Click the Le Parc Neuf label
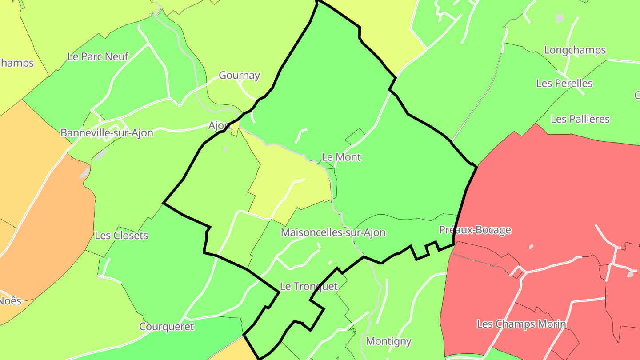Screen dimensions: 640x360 98,56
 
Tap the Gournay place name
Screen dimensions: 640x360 239,76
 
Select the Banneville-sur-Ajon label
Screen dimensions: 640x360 107,133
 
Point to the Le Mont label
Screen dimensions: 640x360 341,157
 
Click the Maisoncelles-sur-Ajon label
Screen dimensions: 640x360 333,232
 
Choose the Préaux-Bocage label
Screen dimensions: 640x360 475,230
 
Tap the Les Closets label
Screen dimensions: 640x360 121,236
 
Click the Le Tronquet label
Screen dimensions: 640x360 308,286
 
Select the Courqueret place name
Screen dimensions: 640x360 167,327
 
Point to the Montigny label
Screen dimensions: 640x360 388,341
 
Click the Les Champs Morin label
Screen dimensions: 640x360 521,324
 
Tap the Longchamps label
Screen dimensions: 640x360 575,50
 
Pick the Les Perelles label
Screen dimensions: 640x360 564,83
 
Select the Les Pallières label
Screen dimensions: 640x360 580,119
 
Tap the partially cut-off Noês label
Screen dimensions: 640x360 10,301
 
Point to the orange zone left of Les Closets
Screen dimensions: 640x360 44,222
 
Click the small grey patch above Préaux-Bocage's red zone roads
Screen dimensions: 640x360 531,246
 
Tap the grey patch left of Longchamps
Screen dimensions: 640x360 560,18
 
